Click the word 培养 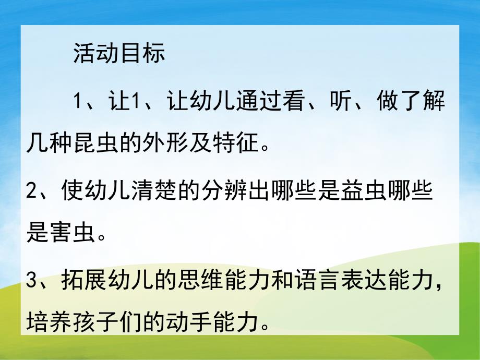tap(50, 323)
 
